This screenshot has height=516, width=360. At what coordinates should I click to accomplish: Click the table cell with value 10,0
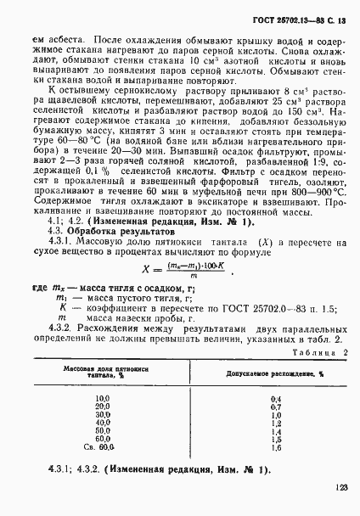click(104, 397)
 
